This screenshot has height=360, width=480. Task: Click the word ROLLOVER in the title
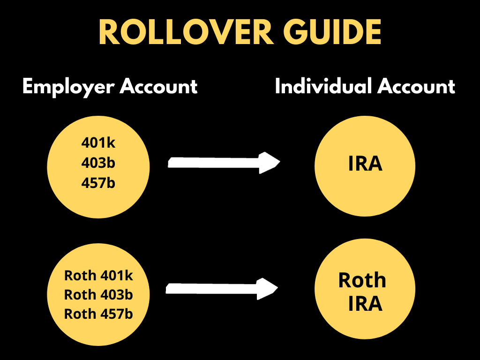click(186, 33)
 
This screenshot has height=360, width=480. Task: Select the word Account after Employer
click(158, 87)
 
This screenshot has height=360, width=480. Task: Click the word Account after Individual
click(417, 87)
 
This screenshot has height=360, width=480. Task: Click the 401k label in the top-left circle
click(98, 143)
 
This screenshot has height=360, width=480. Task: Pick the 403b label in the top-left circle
click(98, 163)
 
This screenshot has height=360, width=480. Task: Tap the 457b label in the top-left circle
click(98, 183)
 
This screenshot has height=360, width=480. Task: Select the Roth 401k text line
click(98, 276)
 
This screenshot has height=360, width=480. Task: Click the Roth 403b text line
click(98, 295)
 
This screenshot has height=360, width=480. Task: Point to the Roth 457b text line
click(98, 314)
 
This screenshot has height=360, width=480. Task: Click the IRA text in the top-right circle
click(365, 164)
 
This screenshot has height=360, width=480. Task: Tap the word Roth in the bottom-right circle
click(362, 280)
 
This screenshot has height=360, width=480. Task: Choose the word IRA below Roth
click(365, 304)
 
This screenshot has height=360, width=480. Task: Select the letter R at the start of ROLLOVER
click(109, 33)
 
